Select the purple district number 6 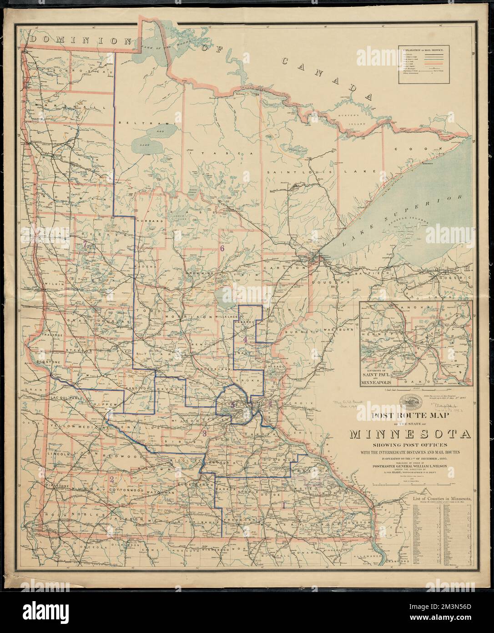click(x=222, y=248)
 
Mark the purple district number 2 click(x=111, y=479)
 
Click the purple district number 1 click(x=285, y=505)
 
